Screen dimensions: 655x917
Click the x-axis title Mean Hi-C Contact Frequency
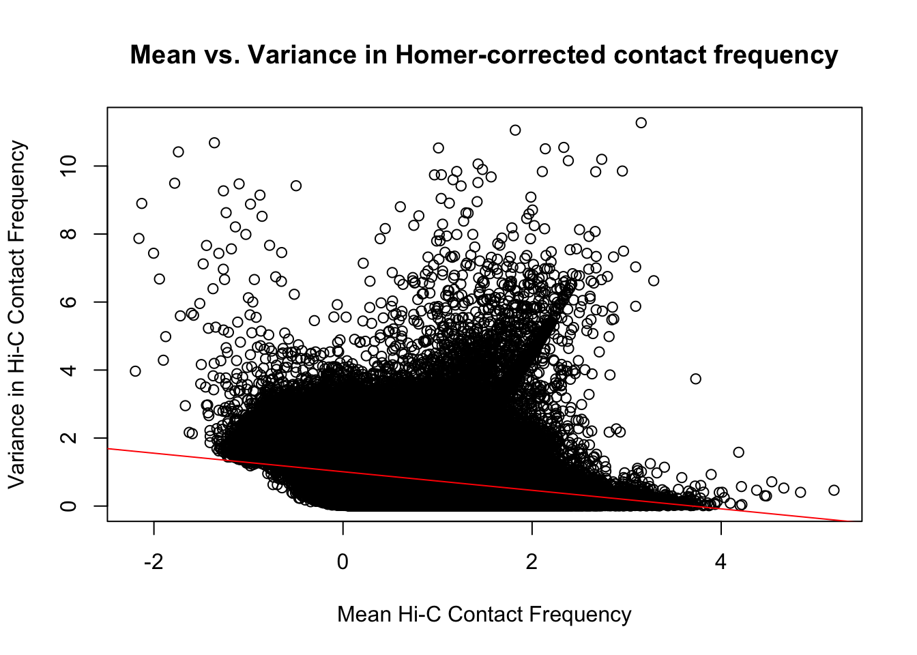click(x=484, y=614)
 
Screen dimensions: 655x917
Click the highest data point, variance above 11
click(x=641, y=123)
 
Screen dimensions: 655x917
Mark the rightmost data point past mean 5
click(x=834, y=490)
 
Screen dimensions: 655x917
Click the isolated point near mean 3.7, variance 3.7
click(x=695, y=379)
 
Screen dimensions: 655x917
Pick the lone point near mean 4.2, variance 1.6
click(x=738, y=452)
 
